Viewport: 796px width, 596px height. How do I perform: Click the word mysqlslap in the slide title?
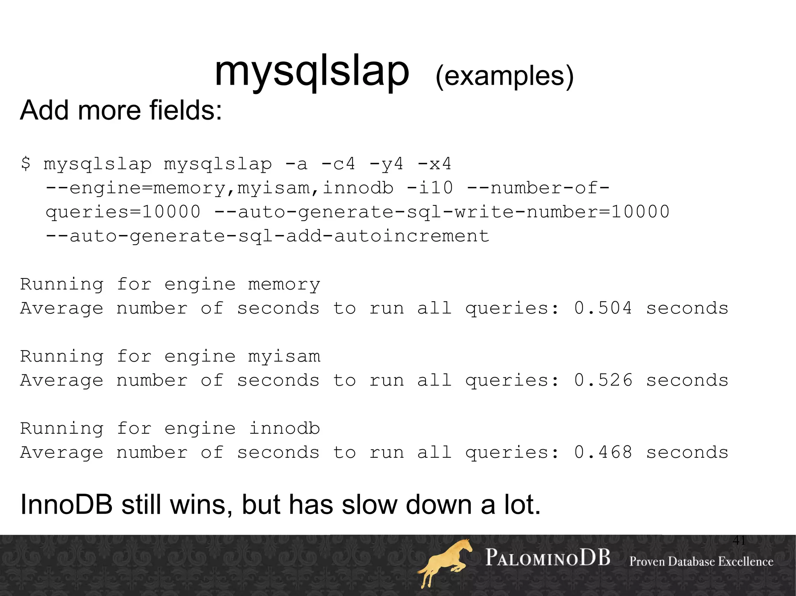(x=312, y=72)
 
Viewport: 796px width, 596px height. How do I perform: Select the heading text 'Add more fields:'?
(x=121, y=110)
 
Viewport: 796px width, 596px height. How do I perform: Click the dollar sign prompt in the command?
(x=26, y=163)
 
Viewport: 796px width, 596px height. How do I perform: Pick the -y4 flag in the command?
(x=386, y=164)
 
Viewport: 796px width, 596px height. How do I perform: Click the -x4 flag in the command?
(x=434, y=164)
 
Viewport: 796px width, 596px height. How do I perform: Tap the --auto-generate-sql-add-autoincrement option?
(x=267, y=236)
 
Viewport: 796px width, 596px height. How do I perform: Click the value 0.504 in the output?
(x=603, y=308)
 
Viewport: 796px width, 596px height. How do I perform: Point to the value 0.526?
(x=603, y=381)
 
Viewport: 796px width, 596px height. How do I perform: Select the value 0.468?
(x=603, y=453)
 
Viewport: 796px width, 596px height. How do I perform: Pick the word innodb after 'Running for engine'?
(x=284, y=429)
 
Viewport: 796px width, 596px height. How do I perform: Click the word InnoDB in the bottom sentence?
(x=66, y=505)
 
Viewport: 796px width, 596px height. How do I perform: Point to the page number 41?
(x=739, y=540)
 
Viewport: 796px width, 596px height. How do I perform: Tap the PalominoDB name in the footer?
(x=548, y=558)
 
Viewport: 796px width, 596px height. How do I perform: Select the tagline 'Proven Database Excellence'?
(x=701, y=561)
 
